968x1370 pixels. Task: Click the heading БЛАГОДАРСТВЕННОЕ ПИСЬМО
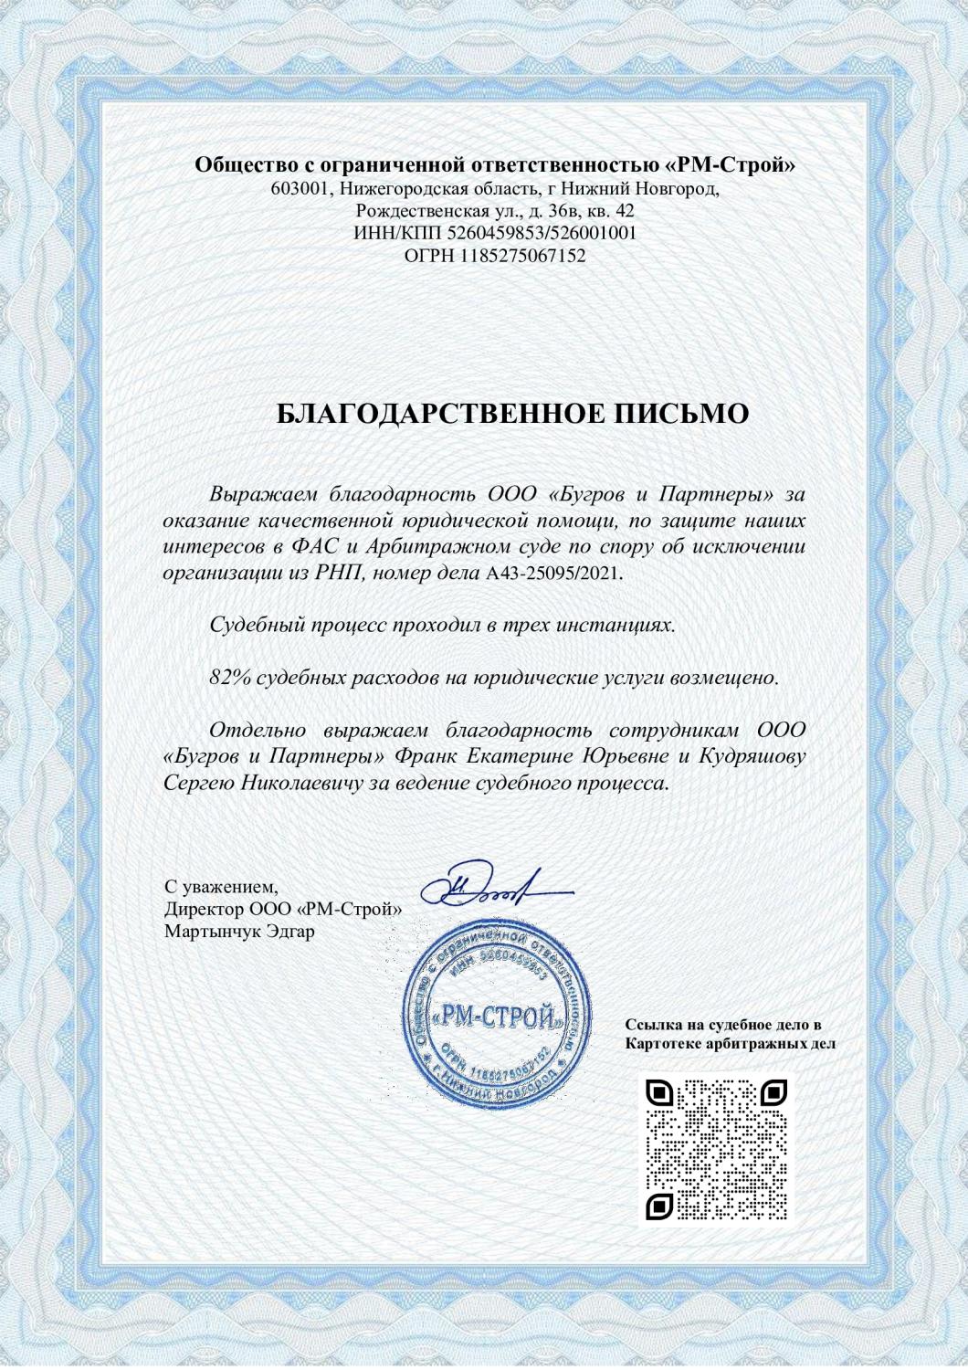pyautogui.click(x=512, y=414)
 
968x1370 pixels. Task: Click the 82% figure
pyautogui.click(x=229, y=679)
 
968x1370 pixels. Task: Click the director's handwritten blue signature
pyautogui.click(x=493, y=883)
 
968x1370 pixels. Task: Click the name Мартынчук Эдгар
pyautogui.click(x=238, y=933)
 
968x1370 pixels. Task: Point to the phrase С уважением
pyautogui.click(x=220, y=887)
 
